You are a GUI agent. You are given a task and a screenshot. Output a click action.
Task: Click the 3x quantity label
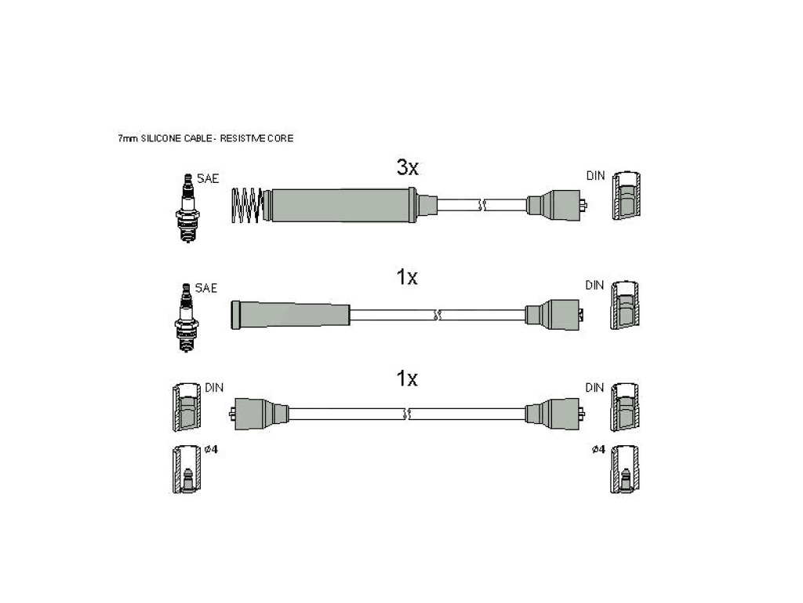click(x=408, y=167)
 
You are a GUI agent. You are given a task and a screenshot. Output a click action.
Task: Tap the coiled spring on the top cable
click(x=247, y=206)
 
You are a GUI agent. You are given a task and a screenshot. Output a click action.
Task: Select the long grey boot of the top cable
click(x=343, y=205)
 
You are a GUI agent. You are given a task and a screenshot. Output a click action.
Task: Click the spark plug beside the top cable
click(x=188, y=208)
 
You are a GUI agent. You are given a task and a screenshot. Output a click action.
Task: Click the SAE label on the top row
click(x=208, y=178)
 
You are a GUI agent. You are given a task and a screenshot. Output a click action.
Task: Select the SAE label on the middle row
click(x=206, y=288)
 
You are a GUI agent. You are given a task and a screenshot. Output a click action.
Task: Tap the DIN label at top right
click(x=596, y=176)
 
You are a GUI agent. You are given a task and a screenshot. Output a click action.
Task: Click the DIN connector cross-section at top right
click(x=627, y=196)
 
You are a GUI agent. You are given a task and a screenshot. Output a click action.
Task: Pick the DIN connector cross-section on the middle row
click(x=625, y=305)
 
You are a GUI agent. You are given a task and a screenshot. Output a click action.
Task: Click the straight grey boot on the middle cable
click(x=291, y=315)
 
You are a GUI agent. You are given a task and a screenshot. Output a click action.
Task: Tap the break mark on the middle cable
click(x=437, y=315)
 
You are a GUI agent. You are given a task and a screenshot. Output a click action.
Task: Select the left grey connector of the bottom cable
click(x=259, y=414)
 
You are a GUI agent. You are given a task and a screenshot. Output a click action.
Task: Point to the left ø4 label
click(x=211, y=449)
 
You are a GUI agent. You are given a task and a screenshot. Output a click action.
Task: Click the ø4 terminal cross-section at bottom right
click(x=625, y=470)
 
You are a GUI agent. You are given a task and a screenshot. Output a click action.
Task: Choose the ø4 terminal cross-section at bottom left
click(x=187, y=470)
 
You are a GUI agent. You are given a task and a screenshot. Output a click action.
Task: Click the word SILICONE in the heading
click(x=162, y=138)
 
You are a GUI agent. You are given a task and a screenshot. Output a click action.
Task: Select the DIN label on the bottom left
click(x=214, y=388)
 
